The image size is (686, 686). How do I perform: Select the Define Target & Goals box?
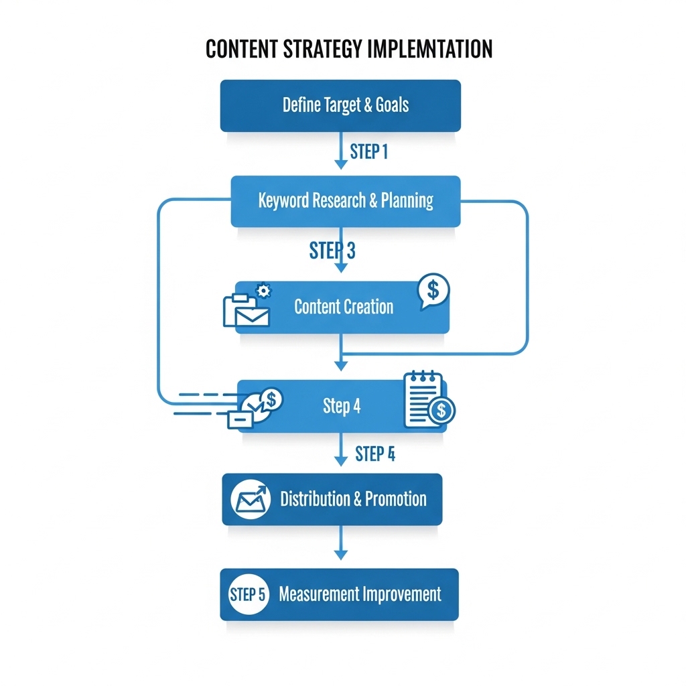pyautogui.click(x=340, y=105)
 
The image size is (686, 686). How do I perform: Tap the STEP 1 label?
pyautogui.click(x=368, y=152)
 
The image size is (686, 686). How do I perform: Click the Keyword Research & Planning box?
pyautogui.click(x=345, y=200)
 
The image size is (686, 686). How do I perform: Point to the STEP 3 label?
pyautogui.click(x=332, y=251)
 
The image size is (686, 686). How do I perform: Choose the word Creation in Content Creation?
pyautogui.click(x=369, y=307)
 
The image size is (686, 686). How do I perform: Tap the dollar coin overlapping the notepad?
pyautogui.click(x=441, y=411)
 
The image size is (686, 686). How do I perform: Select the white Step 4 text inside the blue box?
pyautogui.click(x=342, y=406)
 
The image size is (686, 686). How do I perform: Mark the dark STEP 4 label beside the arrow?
pyautogui.click(x=374, y=454)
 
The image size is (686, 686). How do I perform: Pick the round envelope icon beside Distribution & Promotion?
pyautogui.click(x=251, y=499)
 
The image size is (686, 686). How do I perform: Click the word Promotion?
pyautogui.click(x=396, y=499)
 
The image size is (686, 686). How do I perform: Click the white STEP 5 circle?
pyautogui.click(x=248, y=594)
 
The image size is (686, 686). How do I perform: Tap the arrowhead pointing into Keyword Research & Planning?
pyautogui.click(x=341, y=165)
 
